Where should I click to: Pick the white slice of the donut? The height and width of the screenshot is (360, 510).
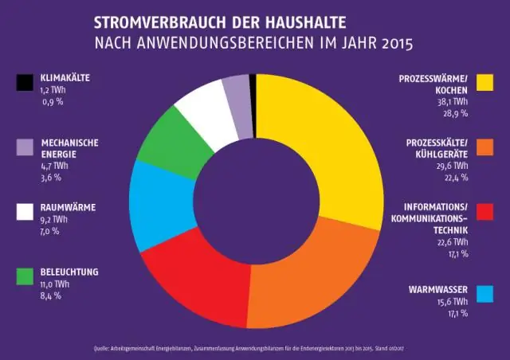[203, 108]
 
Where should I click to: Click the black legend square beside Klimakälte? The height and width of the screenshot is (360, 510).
[24, 83]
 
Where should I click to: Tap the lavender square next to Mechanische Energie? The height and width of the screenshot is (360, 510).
[24, 147]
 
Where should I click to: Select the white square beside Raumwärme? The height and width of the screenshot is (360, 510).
[24, 212]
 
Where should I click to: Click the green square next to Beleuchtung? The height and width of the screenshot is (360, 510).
[24, 276]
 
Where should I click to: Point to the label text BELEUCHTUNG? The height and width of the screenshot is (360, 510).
[69, 272]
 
